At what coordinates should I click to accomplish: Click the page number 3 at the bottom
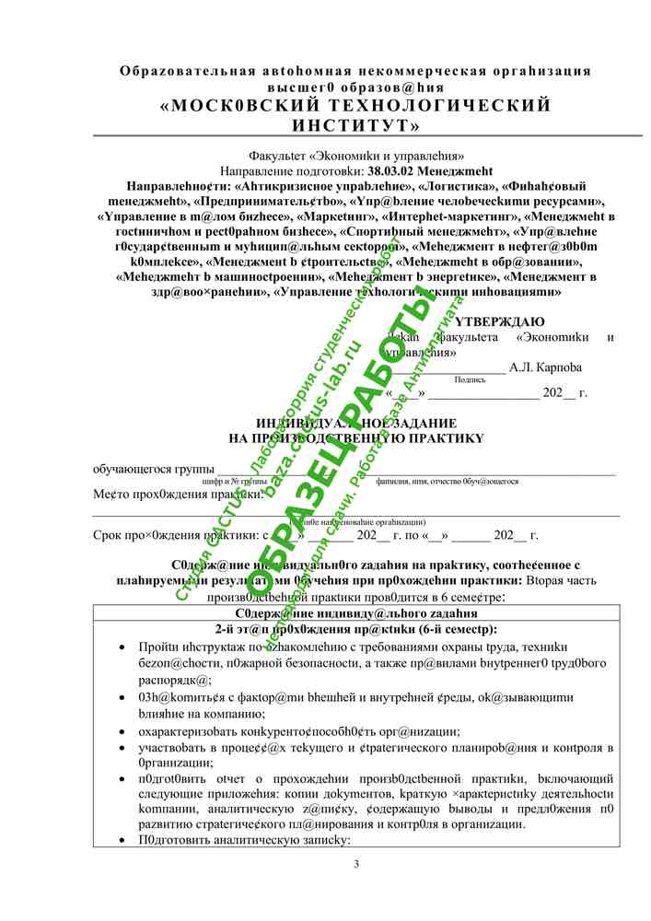[355, 863]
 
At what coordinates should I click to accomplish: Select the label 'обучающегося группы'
[148, 469]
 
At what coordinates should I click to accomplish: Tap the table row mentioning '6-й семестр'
[355, 629]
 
